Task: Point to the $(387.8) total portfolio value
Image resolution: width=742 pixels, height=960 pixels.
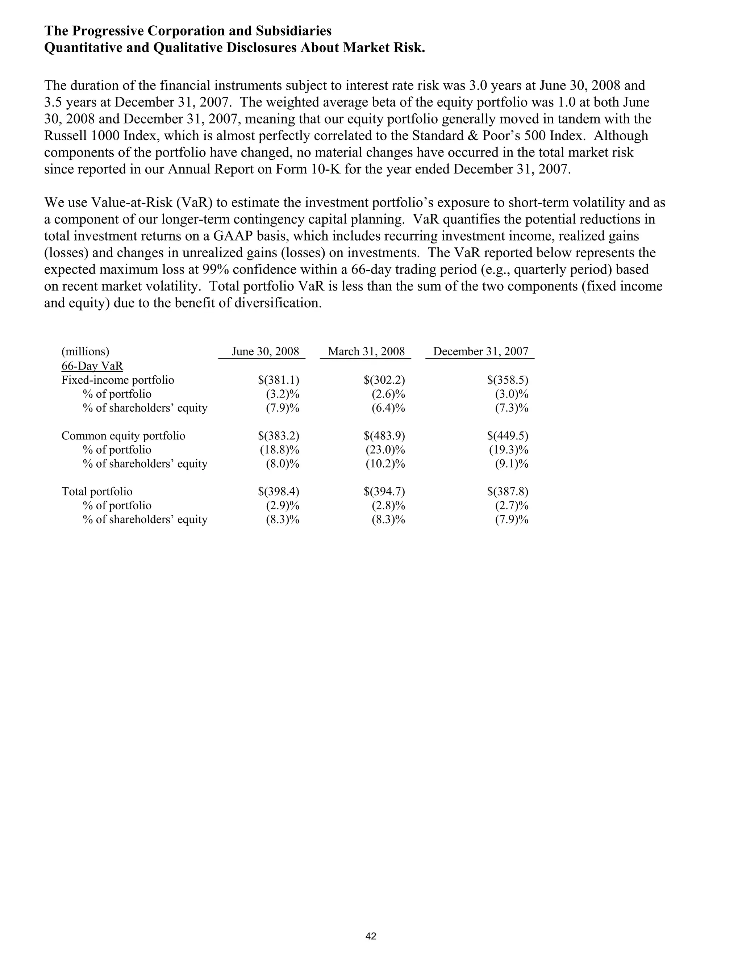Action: [507, 492]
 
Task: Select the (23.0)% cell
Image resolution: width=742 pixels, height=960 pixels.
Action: [385, 450]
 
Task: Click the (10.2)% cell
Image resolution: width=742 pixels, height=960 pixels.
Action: [385, 464]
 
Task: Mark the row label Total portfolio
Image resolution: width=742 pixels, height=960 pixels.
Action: [97, 492]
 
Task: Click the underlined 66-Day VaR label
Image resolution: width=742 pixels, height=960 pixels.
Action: [92, 366]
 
